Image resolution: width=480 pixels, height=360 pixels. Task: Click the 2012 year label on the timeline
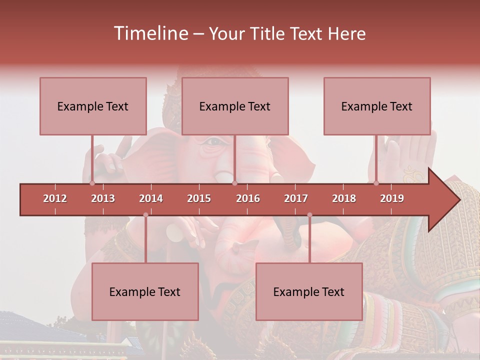55,198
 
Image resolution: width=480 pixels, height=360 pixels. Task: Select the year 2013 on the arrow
103,198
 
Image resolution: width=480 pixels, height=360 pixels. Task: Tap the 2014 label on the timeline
151,198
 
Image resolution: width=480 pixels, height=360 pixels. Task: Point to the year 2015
199,198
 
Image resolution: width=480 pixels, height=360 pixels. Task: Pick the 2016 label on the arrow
248,198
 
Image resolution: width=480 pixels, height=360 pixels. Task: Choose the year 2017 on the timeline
296,198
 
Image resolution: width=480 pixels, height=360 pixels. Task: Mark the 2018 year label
344,198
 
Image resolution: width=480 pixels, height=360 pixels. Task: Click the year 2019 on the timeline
392,198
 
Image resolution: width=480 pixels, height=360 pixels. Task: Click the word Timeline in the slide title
150,33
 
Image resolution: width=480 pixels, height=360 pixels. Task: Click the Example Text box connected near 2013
93,106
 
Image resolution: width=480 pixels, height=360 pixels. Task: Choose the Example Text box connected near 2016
235,106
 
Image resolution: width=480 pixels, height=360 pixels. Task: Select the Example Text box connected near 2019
377,106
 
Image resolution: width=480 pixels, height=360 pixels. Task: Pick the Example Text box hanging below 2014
145,291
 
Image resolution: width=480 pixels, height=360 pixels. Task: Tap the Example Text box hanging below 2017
309,291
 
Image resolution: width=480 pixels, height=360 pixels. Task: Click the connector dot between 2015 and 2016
234,183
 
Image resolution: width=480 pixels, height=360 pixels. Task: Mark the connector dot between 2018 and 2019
376,183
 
